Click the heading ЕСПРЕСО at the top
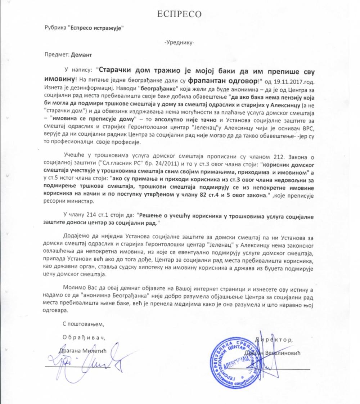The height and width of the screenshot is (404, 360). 180,14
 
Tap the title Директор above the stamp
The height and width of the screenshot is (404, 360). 274,339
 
